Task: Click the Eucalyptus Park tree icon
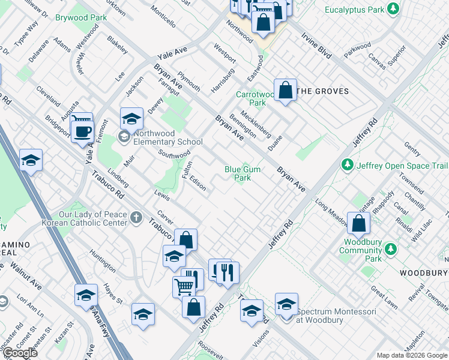[x=393, y=9]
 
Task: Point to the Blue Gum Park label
[x=243, y=173]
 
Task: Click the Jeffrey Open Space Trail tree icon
[x=347, y=164]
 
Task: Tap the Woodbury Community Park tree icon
[x=391, y=248]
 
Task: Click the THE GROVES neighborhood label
[x=323, y=91]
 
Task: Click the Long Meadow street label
[x=330, y=214]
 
